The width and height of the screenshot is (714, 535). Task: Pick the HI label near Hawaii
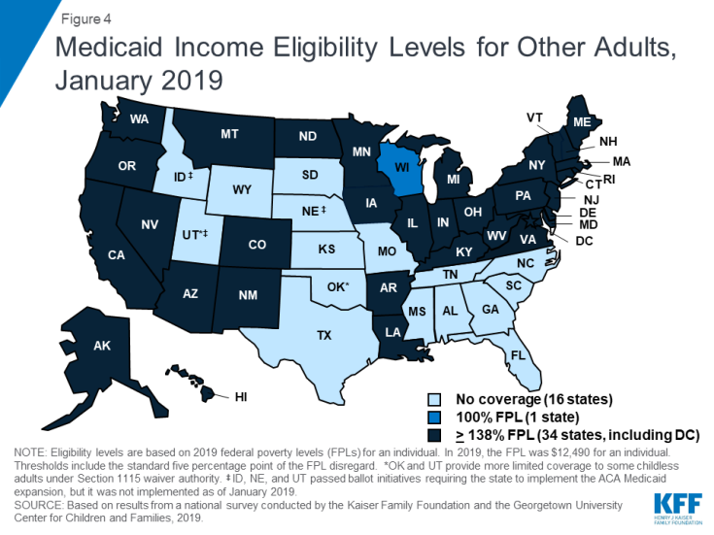pyautogui.click(x=241, y=396)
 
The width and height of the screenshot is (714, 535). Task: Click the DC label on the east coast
pyautogui.click(x=583, y=240)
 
